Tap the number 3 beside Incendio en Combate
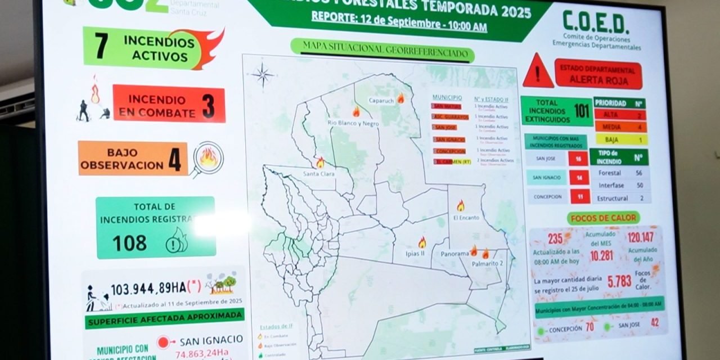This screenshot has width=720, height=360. (209, 105)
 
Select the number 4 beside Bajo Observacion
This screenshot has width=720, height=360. (175, 160)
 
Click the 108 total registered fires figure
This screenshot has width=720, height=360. (129, 243)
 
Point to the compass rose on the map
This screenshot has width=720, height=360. (263, 75)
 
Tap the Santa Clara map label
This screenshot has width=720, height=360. (319, 174)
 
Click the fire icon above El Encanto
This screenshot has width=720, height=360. (461, 206)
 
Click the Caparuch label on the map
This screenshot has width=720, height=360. (381, 101)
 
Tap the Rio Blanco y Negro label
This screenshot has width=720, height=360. (353, 123)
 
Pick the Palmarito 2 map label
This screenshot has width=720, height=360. (487, 263)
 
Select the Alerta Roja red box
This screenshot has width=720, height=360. (598, 74)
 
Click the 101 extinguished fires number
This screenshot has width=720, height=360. (582, 110)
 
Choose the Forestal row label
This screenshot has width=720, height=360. (609, 173)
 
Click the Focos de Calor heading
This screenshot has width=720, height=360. (604, 218)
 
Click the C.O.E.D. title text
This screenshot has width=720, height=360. (596, 23)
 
